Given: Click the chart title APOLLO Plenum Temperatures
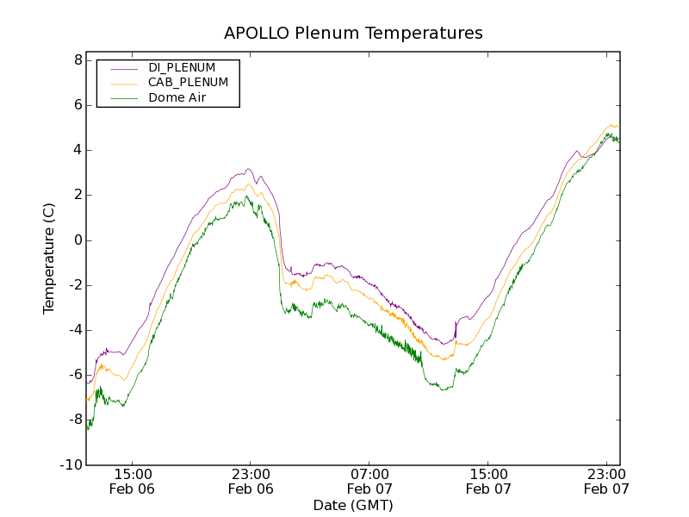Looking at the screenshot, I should pos(353,34).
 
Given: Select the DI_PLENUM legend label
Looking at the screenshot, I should pos(182,67).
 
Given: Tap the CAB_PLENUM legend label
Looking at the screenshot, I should pos(188,83).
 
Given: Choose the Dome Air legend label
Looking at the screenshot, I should pos(177,98).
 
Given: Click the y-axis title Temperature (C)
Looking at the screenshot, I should pos(49,258).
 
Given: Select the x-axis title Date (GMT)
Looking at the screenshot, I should pos(353,505).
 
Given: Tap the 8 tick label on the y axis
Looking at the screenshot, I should pos(78,60).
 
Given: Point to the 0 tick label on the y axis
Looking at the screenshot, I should pos(78,240).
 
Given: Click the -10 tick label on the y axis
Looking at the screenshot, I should pos(72,465).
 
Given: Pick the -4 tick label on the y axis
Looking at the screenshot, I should pos(75,330).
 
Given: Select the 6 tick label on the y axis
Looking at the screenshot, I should pos(78,105).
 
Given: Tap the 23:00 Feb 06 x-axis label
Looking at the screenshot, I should pos(251,482).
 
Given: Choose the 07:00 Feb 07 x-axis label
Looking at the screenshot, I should pos(369,482).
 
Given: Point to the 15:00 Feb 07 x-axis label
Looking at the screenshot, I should pos(488,482).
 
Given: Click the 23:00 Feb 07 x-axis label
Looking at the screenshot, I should pos(606,482).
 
